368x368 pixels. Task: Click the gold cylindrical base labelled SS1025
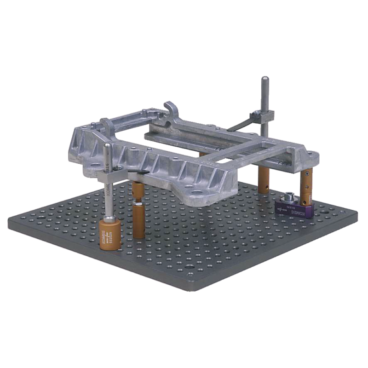[x=110, y=234]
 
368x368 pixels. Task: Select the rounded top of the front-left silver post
[x=107, y=147]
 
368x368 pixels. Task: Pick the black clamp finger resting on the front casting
[x=138, y=172]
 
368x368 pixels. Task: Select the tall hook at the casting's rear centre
[x=171, y=109]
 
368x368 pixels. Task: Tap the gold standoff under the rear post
[x=264, y=179]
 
